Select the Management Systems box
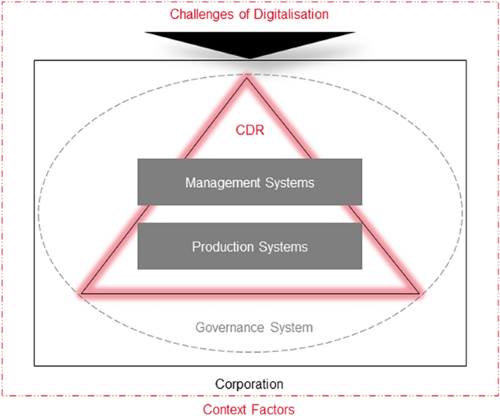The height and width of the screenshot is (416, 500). [250, 182]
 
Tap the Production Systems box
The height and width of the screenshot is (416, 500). [250, 247]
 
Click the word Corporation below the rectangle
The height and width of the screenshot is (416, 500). [250, 383]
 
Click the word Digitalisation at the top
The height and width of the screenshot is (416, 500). [289, 14]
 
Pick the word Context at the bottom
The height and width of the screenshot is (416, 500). [225, 409]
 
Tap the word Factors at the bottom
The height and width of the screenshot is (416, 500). [273, 409]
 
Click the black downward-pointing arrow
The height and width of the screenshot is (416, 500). [250, 42]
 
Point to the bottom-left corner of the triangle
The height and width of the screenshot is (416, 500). [82, 293]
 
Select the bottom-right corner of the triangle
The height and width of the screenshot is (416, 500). [418, 293]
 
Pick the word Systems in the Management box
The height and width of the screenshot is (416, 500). [288, 182]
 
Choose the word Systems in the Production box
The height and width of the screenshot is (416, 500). [282, 247]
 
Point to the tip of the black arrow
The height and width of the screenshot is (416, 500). [250, 58]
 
